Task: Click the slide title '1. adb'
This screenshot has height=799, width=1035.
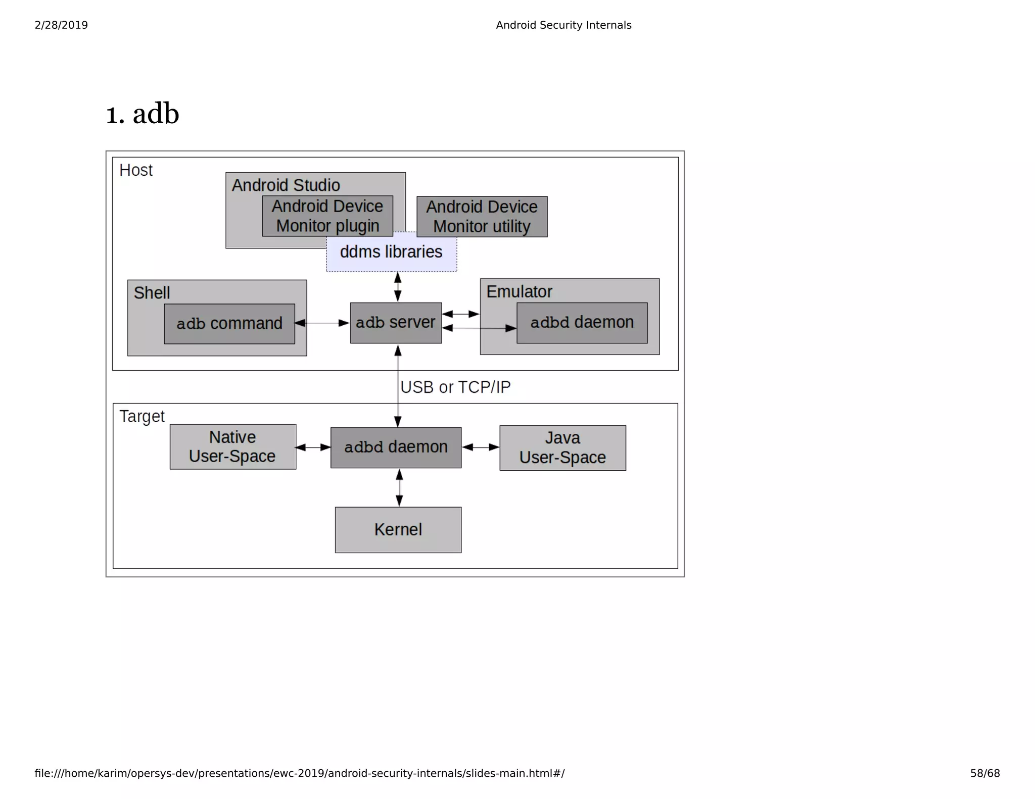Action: (142, 114)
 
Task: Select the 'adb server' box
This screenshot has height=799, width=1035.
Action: (396, 323)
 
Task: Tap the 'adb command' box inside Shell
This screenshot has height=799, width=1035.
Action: (229, 324)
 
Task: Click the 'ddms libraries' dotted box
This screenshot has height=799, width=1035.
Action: (391, 252)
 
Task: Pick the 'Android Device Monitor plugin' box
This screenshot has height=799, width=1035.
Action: (327, 216)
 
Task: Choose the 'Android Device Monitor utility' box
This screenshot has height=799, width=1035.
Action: (482, 217)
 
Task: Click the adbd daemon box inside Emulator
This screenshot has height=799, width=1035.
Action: (582, 323)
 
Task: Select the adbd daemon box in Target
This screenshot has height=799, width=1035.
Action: (396, 447)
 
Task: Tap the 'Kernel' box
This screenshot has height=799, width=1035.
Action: (398, 530)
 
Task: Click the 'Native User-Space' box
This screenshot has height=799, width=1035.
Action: (232, 446)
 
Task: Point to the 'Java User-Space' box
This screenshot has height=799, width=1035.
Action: (562, 448)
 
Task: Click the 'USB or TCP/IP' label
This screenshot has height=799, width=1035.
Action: (455, 387)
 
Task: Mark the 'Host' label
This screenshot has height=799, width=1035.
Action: (135, 170)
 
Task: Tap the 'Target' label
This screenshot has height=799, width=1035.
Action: (142, 416)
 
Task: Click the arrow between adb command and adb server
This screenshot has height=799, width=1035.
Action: (322, 323)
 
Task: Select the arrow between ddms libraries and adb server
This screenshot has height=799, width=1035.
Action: (398, 287)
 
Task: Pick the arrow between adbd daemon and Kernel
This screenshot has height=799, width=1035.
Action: (399, 487)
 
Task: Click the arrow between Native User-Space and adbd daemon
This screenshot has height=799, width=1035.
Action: (313, 447)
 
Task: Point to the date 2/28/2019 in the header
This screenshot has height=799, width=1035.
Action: (61, 25)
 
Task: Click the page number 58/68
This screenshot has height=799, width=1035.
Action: (984, 773)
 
